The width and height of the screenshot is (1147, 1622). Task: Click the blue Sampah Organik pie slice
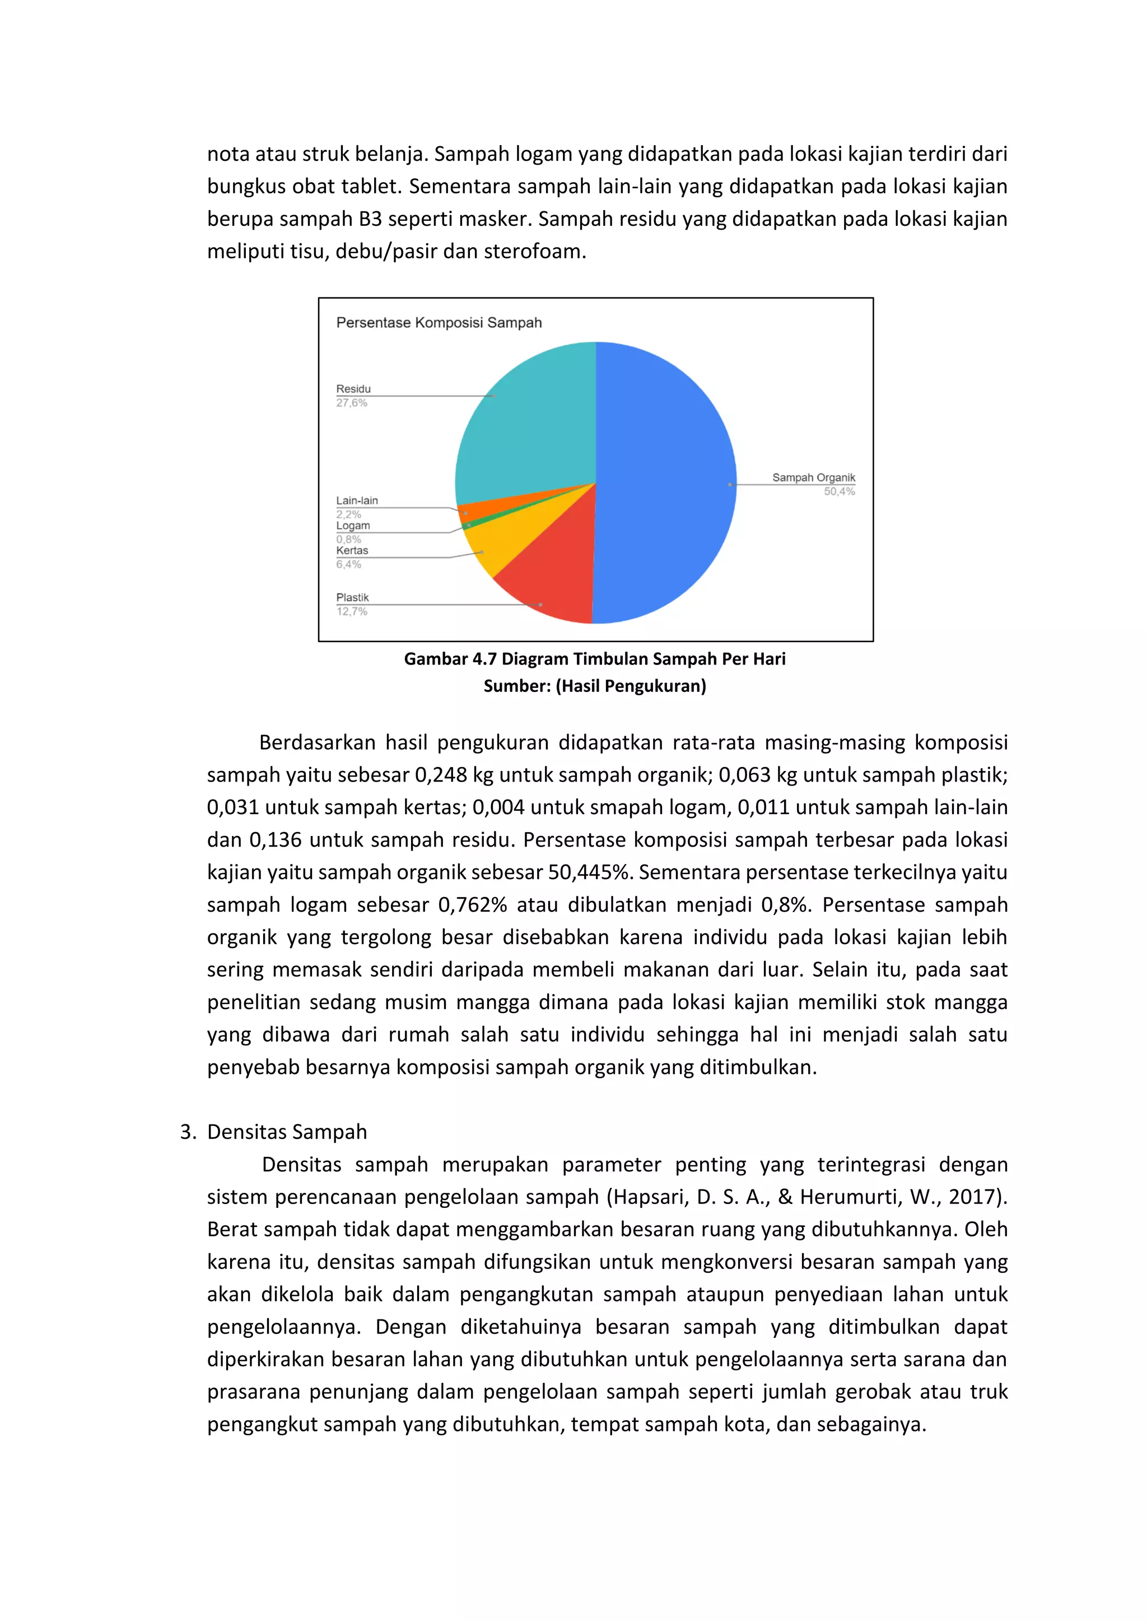tap(664, 480)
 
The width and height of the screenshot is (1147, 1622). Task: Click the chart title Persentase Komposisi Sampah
tap(439, 323)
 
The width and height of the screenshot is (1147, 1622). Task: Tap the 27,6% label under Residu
tap(351, 403)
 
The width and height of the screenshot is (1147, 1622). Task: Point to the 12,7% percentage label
tap(351, 612)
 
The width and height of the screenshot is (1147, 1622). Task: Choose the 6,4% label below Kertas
tap(348, 564)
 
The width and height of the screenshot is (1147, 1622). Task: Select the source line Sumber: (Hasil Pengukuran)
tap(595, 686)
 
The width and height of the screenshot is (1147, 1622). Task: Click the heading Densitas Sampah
tap(287, 1132)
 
